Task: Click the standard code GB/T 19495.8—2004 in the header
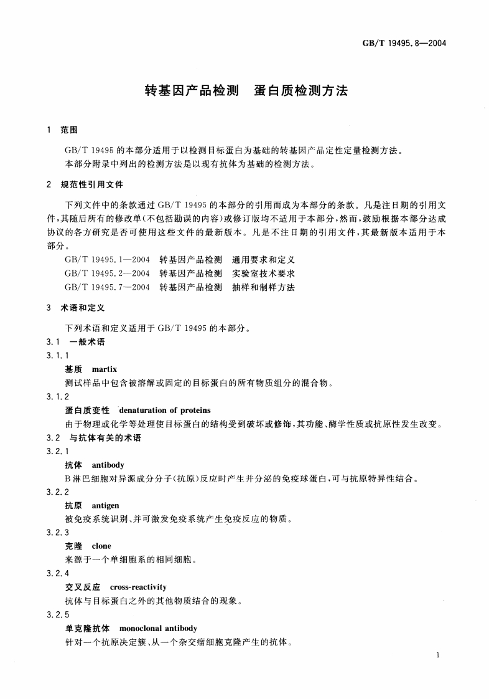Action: pyautogui.click(x=404, y=44)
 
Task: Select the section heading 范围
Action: pyautogui.click(x=68, y=130)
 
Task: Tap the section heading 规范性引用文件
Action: pyautogui.click(x=91, y=185)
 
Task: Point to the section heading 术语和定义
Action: pyautogui.click(x=83, y=308)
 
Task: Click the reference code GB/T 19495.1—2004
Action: pyautogui.click(x=106, y=259)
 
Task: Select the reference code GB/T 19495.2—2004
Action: pyautogui.click(x=106, y=273)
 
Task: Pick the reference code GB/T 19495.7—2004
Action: pyautogui.click(x=106, y=287)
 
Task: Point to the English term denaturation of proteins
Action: pyautogui.click(x=164, y=410)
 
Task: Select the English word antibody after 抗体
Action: pyautogui.click(x=108, y=465)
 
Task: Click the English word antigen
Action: pyautogui.click(x=105, y=505)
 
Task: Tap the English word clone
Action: pyautogui.click(x=101, y=546)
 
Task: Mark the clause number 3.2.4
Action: pyautogui.click(x=58, y=573)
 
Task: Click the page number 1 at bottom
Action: pyautogui.click(x=439, y=655)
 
